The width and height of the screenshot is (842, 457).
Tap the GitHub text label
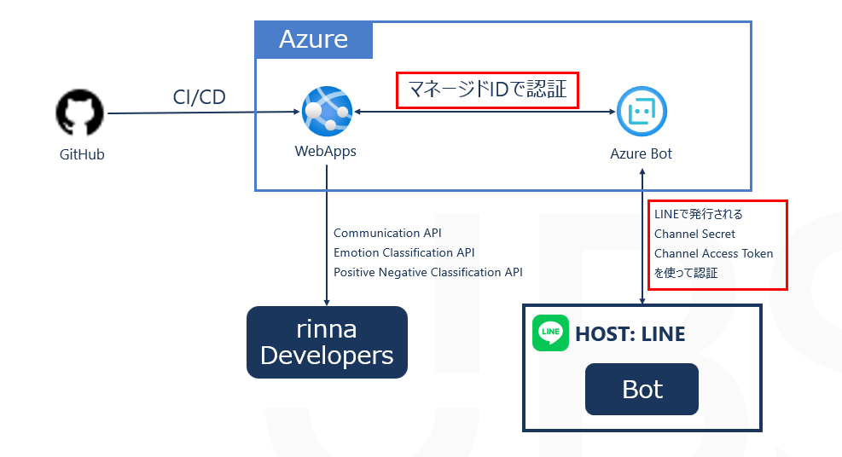[82, 155]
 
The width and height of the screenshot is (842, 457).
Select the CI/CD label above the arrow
[200, 97]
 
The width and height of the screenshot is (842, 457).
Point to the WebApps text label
[326, 152]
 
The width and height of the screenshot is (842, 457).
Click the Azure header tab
[313, 39]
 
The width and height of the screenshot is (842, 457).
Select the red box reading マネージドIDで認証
[488, 89]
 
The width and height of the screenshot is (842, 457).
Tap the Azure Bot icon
[642, 112]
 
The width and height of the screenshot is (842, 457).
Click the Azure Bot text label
[642, 153]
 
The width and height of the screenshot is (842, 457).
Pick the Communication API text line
[387, 233]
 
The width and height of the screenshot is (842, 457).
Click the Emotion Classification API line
[404, 252]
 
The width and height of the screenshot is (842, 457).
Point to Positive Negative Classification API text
[427, 272]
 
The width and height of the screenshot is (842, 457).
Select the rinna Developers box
[327, 342]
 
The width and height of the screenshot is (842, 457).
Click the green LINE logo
[550, 333]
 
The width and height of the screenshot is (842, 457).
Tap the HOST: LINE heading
[630, 334]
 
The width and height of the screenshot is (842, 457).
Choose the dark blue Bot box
[642, 390]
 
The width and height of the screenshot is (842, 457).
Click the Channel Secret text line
[694, 234]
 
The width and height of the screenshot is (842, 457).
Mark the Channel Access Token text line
[713, 253]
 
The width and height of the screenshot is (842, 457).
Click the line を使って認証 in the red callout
[686, 273]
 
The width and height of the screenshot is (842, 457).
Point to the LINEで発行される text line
[698, 214]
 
